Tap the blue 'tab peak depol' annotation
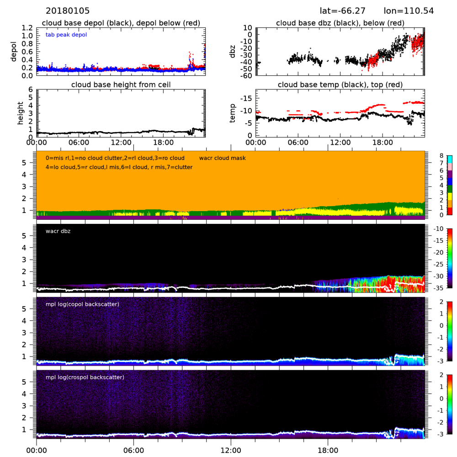(x=66, y=35)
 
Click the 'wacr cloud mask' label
(x=223, y=158)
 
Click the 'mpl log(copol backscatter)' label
(x=83, y=304)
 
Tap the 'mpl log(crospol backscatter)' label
(x=85, y=377)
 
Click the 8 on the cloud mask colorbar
(x=442, y=156)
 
